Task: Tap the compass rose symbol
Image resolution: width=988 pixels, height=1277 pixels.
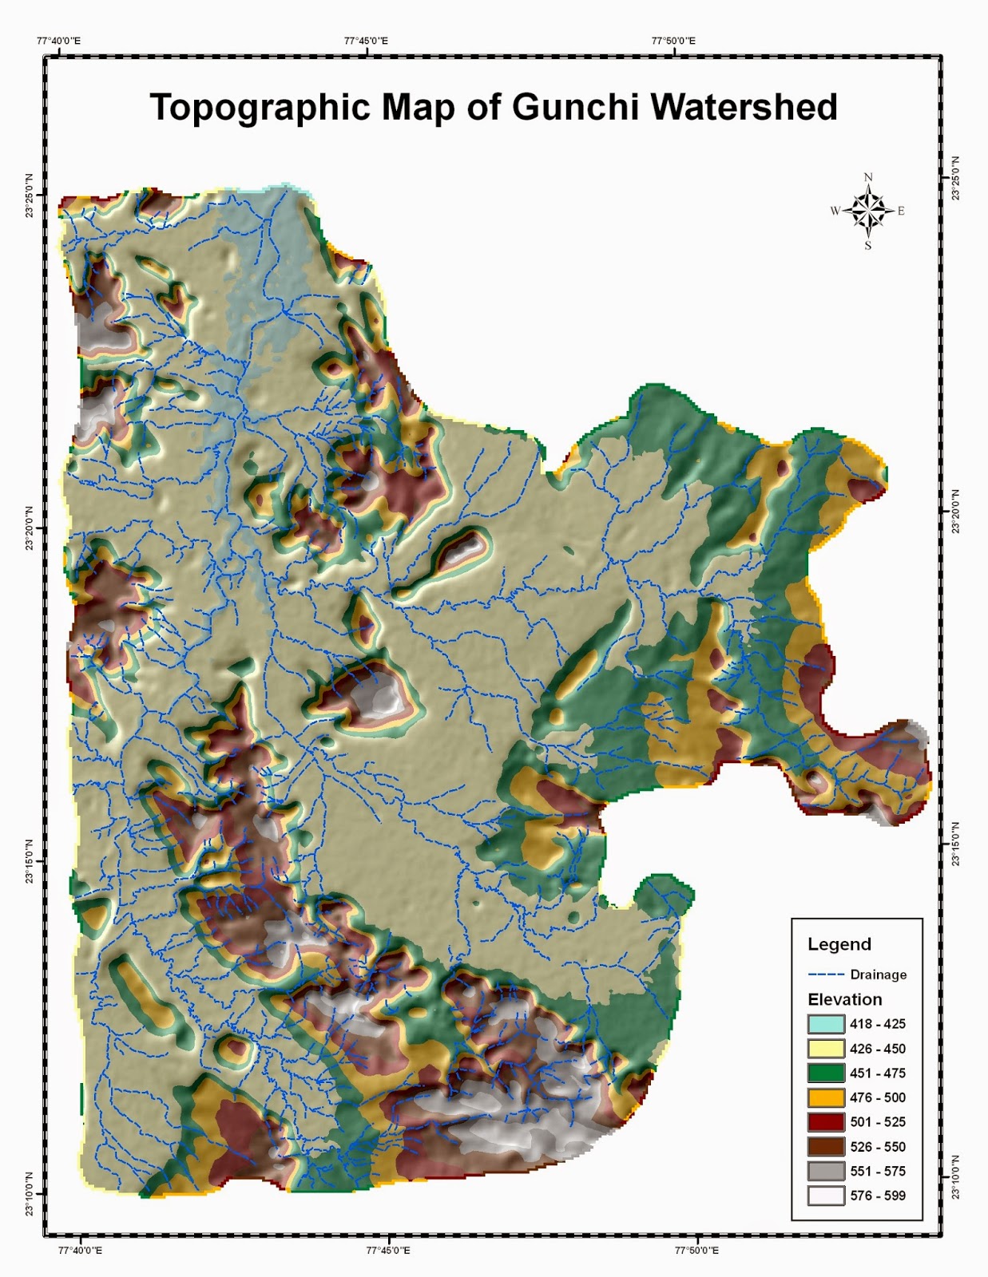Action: point(868,211)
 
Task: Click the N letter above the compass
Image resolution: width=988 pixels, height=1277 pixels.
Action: point(868,177)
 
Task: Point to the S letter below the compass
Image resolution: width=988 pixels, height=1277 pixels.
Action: point(868,246)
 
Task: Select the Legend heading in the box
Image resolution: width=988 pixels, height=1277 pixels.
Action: point(839,944)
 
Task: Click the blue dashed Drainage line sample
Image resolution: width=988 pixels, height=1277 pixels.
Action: point(826,975)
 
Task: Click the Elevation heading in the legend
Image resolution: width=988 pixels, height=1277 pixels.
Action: point(844,999)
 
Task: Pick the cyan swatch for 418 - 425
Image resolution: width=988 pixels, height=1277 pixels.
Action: point(826,1024)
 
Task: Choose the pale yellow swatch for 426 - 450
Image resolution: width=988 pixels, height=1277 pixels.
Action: point(826,1049)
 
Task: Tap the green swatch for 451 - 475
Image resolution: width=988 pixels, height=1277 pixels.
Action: point(826,1073)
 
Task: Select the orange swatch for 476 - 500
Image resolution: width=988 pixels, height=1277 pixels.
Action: point(826,1097)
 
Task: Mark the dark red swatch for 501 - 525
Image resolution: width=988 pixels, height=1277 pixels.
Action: point(826,1122)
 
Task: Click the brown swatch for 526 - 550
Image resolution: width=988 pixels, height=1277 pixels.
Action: point(826,1147)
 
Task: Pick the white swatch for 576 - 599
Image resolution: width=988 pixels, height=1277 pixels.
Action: point(826,1196)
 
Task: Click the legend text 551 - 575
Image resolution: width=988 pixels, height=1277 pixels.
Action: point(877,1172)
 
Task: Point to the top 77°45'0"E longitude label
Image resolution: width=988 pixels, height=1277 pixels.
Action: point(367,41)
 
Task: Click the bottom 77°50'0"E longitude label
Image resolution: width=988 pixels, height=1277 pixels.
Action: point(696,1250)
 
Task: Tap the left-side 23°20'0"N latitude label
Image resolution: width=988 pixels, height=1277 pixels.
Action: point(30,530)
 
